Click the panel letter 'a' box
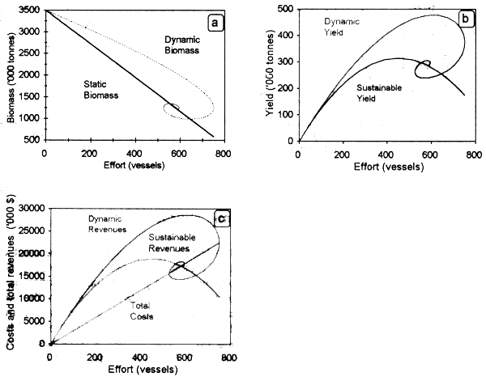[x=215, y=23]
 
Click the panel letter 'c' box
[x=218, y=218]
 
